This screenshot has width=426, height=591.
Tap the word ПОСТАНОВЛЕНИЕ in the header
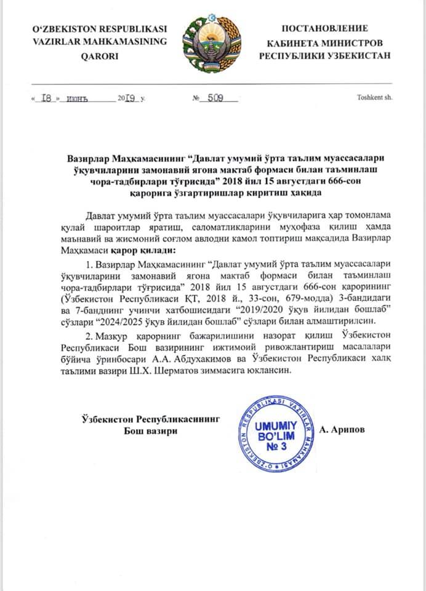coord(324,28)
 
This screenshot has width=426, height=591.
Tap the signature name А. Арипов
coord(343,430)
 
